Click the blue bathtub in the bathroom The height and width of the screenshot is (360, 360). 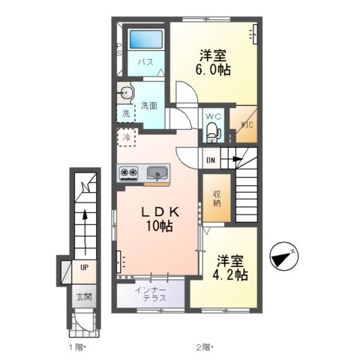tap(146, 39)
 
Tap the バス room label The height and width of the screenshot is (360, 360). tap(145, 62)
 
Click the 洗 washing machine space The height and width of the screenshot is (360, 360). tap(126, 114)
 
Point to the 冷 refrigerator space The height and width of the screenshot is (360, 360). tap(127, 137)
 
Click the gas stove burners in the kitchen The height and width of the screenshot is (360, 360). tap(129, 172)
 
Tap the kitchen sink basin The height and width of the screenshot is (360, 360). tap(157, 172)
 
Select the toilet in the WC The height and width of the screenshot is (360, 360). tap(213, 132)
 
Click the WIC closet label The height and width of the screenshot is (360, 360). tap(247, 124)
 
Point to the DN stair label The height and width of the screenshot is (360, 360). tap(211, 160)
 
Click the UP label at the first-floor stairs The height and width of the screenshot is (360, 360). tap(85, 268)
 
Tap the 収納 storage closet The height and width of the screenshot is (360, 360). tap(217, 198)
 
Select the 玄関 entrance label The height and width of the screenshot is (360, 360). tap(84, 297)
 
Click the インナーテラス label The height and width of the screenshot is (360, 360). tap(151, 294)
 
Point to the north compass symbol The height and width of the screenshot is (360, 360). tap(284, 256)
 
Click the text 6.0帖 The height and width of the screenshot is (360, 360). tap(213, 70)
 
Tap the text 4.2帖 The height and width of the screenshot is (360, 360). tap(230, 274)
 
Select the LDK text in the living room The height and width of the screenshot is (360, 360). tap(160, 212)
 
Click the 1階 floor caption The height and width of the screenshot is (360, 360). tap(76, 347)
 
